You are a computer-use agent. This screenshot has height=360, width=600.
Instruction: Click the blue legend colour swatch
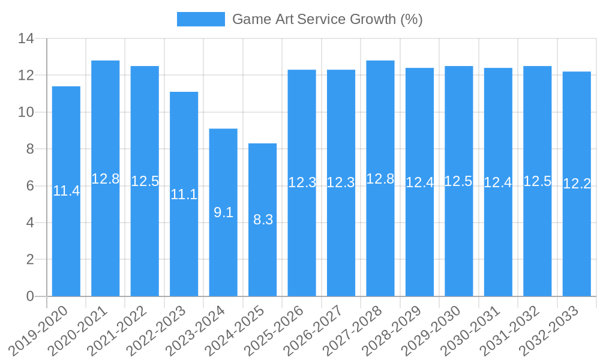pyautogui.click(x=200, y=19)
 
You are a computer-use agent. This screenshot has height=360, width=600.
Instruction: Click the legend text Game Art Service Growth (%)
pyautogui.click(x=327, y=19)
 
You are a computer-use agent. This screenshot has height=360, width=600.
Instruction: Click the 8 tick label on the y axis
pyautogui.click(x=29, y=149)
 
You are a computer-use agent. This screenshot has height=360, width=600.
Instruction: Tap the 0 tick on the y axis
pyautogui.click(x=29, y=296)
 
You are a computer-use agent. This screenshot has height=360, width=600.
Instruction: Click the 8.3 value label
pyautogui.click(x=263, y=220)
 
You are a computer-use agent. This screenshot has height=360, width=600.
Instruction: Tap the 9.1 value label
pyautogui.click(x=223, y=212)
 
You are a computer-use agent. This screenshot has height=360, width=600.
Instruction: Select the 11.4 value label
pyautogui.click(x=66, y=191)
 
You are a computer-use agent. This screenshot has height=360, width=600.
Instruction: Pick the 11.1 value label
pyautogui.click(x=184, y=194)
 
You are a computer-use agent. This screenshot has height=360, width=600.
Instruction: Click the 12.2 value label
pyautogui.click(x=577, y=184)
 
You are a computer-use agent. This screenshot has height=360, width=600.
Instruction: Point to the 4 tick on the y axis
pyautogui.click(x=29, y=223)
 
